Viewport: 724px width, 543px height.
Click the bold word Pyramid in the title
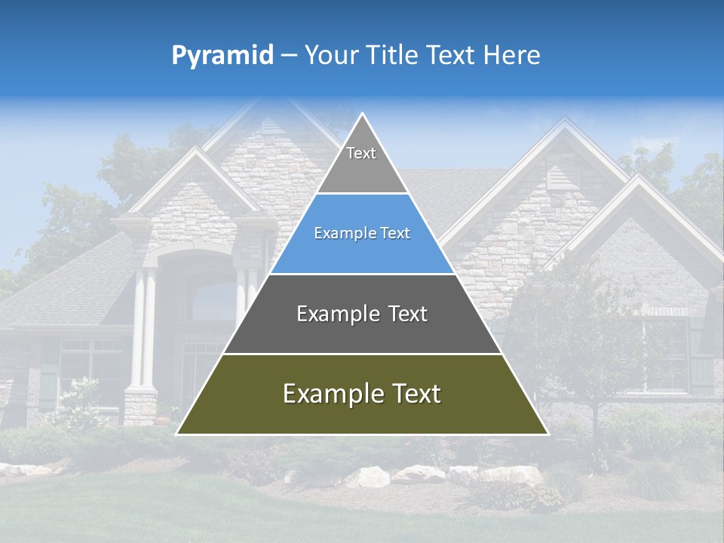coord(222,56)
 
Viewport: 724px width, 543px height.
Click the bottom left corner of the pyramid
coord(178,434)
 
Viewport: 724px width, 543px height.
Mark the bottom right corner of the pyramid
coord(547,434)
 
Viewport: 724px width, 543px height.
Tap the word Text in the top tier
coord(361,153)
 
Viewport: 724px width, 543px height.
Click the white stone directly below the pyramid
coord(367,476)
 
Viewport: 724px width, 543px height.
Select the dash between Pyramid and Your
coord(289,56)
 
